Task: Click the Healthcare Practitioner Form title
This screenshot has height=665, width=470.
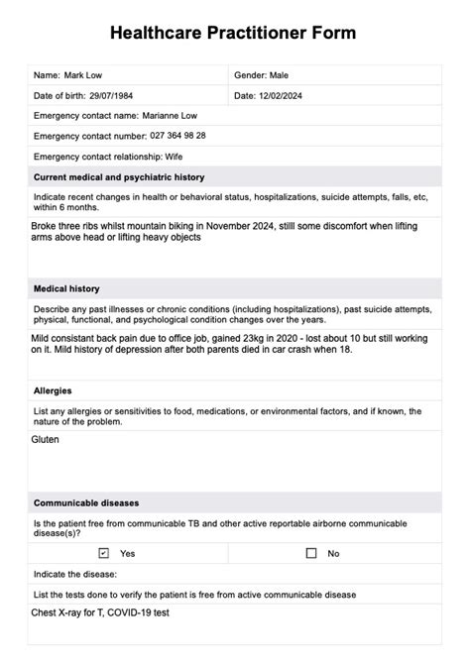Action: pyautogui.click(x=234, y=34)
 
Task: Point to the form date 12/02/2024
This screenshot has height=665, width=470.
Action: pyautogui.click(x=286, y=95)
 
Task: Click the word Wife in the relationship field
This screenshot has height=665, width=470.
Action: pyautogui.click(x=196, y=157)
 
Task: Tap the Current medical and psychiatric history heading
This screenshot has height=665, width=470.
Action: pyautogui.click(x=118, y=177)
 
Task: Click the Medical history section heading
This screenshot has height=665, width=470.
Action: pyautogui.click(x=66, y=288)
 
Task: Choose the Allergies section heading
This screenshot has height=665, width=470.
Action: pyautogui.click(x=53, y=390)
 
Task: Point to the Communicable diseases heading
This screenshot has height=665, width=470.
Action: pyautogui.click(x=86, y=501)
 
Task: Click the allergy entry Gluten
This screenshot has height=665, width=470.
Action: pyautogui.click(x=46, y=437)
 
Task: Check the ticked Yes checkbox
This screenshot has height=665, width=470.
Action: pyautogui.click(x=104, y=553)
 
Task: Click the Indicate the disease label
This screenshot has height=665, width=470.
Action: pyautogui.click(x=75, y=574)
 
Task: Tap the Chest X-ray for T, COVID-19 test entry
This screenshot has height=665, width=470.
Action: pyautogui.click(x=101, y=614)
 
